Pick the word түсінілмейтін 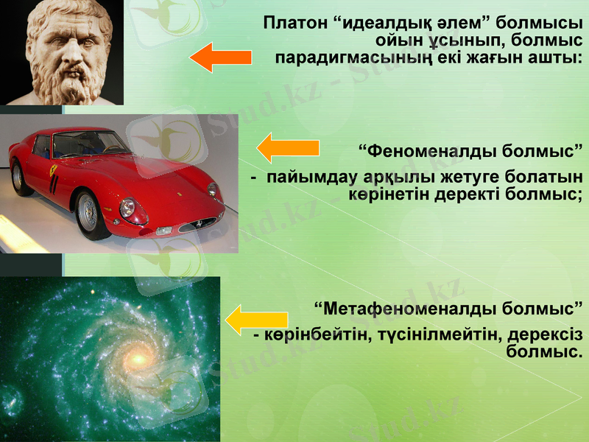(x=431, y=334)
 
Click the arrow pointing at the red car (x=286, y=148)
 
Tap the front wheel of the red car (x=91, y=214)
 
